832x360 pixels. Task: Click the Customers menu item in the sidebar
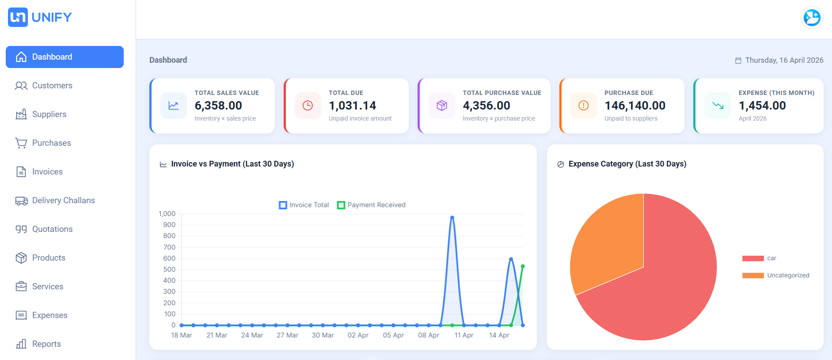pos(52,86)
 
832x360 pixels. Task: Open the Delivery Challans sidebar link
pos(63,201)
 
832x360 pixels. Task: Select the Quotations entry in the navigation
pos(52,229)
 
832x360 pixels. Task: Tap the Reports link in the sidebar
pos(46,344)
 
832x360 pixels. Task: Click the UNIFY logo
pos(40,17)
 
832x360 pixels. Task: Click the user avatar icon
pos(811,18)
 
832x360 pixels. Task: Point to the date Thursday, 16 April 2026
pos(783,60)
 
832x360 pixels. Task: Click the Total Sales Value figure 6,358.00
pos(218,106)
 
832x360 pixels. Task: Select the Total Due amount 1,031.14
pos(352,106)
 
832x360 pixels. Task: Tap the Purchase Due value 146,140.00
pos(634,106)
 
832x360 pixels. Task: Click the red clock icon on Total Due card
pos(308,106)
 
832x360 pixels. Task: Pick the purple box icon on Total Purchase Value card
pos(441,106)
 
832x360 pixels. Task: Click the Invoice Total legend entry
pos(304,205)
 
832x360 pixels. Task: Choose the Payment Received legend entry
pos(371,205)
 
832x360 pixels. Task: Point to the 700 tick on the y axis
pos(169,247)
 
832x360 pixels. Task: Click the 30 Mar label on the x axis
pos(323,335)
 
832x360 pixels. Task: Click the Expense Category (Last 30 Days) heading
pos(627,164)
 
